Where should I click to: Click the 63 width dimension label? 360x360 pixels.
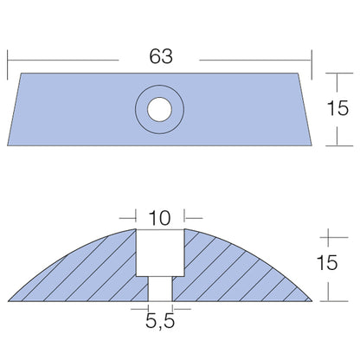pyautogui.click(x=159, y=57)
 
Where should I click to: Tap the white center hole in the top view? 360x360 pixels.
pyautogui.click(x=159, y=109)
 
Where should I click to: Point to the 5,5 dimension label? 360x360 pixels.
pyautogui.click(x=159, y=326)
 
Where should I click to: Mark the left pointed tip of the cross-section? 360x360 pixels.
pyautogui.click(x=8, y=299)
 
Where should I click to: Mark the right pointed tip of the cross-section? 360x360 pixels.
pyautogui.click(x=312, y=299)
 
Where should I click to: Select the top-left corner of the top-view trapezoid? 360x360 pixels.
pyautogui.click(x=22, y=74)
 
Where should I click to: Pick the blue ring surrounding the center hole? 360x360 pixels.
pyautogui.click(x=143, y=109)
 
